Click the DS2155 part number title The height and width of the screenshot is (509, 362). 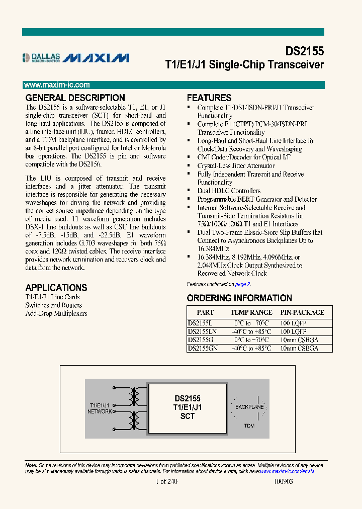point(305,51)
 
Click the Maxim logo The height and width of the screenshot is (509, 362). point(97,58)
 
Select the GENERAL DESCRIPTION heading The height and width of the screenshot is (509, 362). point(75,98)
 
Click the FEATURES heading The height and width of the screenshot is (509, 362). point(209,98)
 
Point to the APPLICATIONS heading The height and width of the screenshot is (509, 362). point(56,288)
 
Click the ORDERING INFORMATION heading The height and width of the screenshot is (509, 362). point(239,298)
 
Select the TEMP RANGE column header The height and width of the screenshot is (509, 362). point(251,312)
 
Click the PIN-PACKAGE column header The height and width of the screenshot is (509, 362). point(302,312)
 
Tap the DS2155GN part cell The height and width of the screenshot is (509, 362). point(203,348)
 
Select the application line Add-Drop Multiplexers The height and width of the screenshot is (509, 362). point(56,313)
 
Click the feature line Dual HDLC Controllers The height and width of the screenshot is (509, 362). point(229,191)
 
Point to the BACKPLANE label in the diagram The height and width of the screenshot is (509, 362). point(249,406)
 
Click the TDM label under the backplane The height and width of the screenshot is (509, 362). point(249,426)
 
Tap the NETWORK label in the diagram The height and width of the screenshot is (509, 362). point(100,411)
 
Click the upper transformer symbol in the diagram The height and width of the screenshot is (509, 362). point(134,397)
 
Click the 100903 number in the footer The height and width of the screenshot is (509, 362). point(283,481)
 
